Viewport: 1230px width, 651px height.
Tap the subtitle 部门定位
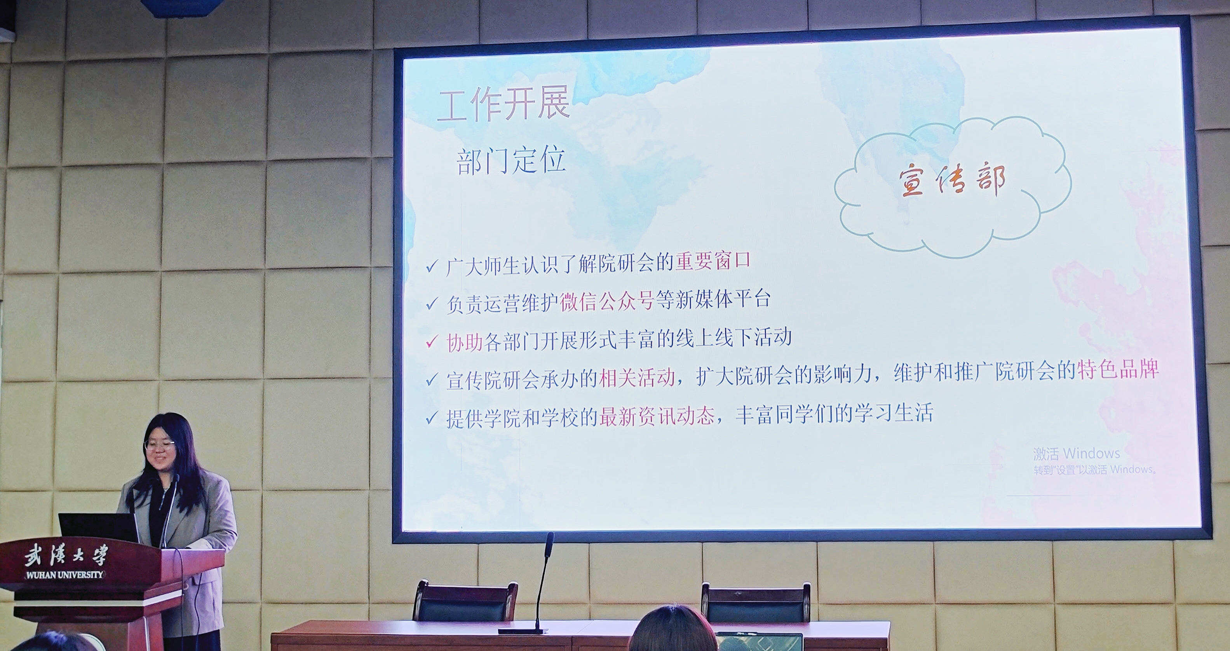[x=511, y=161]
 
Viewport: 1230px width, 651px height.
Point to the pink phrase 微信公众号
[x=607, y=301]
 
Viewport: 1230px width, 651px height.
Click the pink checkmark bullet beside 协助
[x=432, y=342]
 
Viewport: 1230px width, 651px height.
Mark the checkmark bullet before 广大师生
[x=432, y=266]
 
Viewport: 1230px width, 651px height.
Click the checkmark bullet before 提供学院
[x=432, y=419]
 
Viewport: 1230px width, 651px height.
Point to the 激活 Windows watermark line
[x=1077, y=453]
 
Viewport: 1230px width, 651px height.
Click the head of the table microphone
[x=549, y=544]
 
